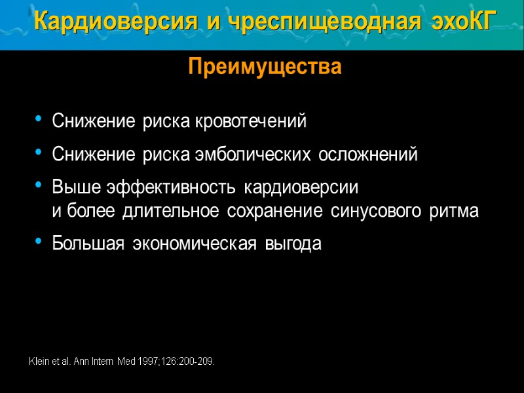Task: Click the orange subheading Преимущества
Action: point(265,67)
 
